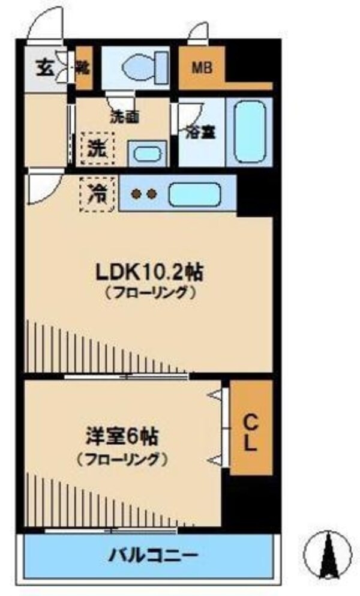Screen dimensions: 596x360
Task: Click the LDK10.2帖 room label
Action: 149,273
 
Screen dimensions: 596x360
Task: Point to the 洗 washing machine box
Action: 97,147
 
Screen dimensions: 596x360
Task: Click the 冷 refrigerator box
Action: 97,195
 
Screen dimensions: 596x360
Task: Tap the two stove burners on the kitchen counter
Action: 144,194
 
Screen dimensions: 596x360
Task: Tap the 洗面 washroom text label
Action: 124,117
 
